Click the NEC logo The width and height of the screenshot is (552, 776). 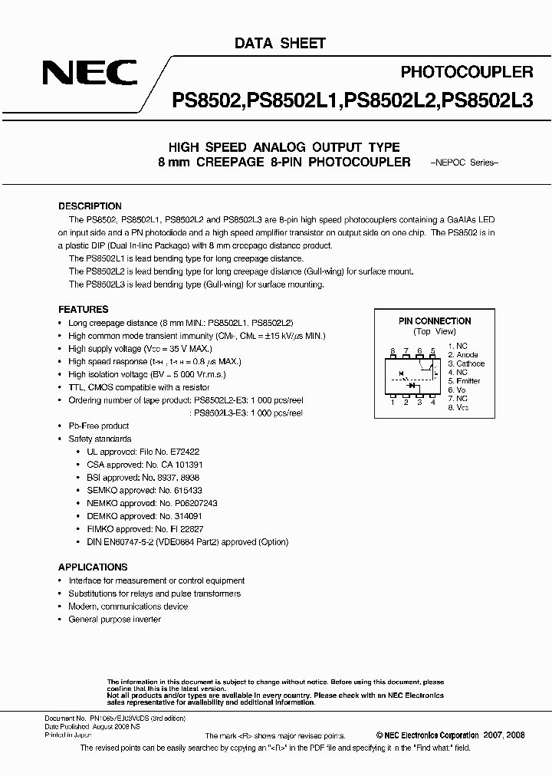[x=90, y=74]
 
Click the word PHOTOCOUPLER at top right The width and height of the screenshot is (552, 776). [x=467, y=73]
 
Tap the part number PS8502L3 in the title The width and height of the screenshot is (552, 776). [x=488, y=100]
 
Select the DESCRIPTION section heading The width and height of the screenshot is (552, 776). [x=90, y=206]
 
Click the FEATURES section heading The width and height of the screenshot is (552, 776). [x=84, y=309]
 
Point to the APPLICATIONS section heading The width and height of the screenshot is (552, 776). [x=93, y=567]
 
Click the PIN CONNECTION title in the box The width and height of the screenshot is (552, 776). [x=435, y=321]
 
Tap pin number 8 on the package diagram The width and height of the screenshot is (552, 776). [x=393, y=350]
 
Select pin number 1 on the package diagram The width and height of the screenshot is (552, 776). [x=393, y=401]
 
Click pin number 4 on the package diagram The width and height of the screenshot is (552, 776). [x=433, y=401]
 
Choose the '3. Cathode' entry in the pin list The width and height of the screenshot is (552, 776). [x=465, y=363]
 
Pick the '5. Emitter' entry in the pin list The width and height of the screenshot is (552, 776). [x=464, y=381]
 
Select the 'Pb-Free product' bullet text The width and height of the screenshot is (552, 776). [x=98, y=426]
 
